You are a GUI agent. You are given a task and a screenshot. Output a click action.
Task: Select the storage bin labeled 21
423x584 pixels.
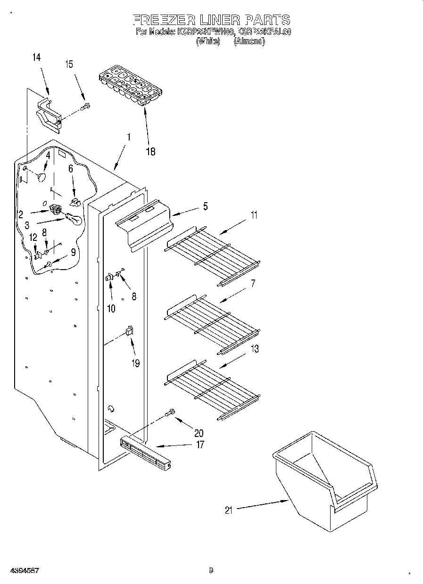pos(325,481)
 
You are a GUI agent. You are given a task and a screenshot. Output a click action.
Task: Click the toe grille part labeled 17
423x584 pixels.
pos(146,453)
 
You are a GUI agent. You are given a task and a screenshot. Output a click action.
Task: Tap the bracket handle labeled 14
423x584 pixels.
pos(48,115)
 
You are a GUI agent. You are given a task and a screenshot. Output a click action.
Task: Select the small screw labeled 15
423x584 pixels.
pos(85,107)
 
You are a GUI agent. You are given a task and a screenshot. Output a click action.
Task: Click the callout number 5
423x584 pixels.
pos(205,206)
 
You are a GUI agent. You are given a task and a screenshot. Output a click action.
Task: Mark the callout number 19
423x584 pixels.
pos(136,363)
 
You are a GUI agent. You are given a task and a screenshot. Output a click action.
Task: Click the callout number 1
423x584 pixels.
pos(129,138)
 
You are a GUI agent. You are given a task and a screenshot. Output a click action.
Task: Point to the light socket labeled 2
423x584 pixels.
pos(56,208)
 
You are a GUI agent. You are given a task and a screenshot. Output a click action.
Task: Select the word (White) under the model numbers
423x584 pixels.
pos(207,41)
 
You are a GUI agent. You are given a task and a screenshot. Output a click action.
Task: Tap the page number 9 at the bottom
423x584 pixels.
pos(211,570)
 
